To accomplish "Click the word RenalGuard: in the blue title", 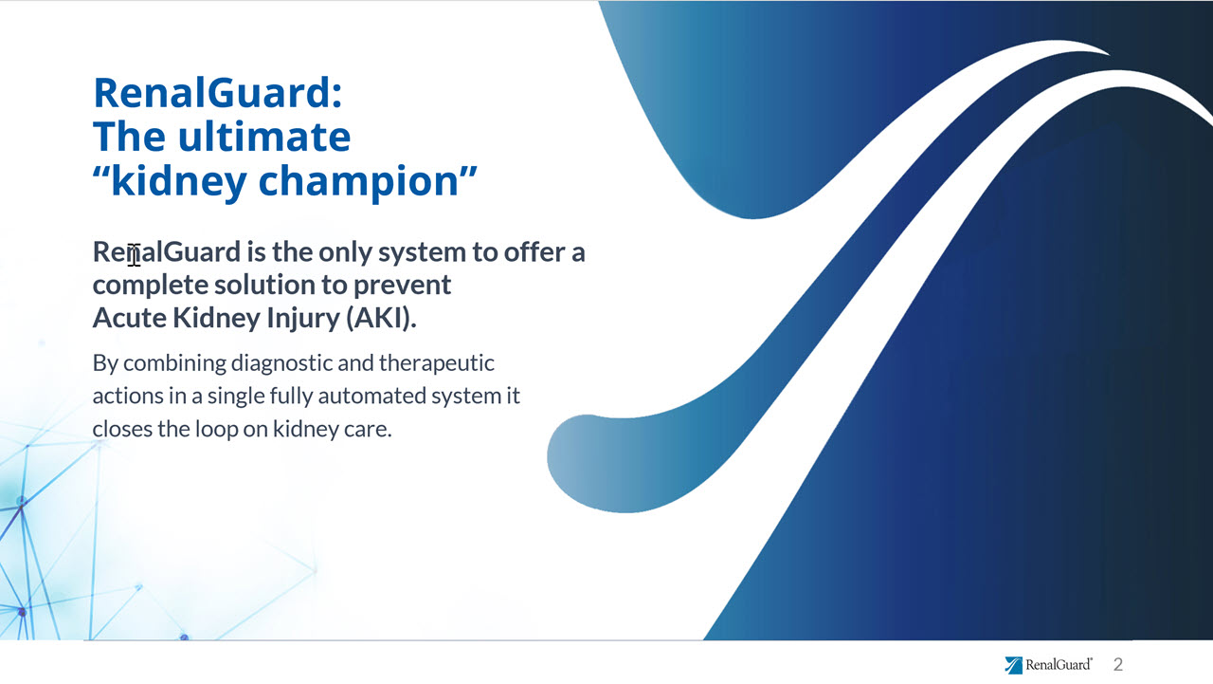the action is tap(218, 93).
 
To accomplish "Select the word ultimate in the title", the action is tap(264, 137).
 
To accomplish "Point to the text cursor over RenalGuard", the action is tap(135, 255).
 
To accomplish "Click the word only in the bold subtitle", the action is tap(345, 253).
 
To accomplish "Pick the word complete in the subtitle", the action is tap(150, 286).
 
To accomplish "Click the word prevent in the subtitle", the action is tap(402, 287).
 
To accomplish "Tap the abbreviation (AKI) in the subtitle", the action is tap(381, 318).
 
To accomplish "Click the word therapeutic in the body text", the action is tap(437, 364).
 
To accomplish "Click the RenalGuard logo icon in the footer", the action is tap(1014, 665).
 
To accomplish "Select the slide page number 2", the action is tap(1118, 664).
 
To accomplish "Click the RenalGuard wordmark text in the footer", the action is tap(1059, 664).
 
